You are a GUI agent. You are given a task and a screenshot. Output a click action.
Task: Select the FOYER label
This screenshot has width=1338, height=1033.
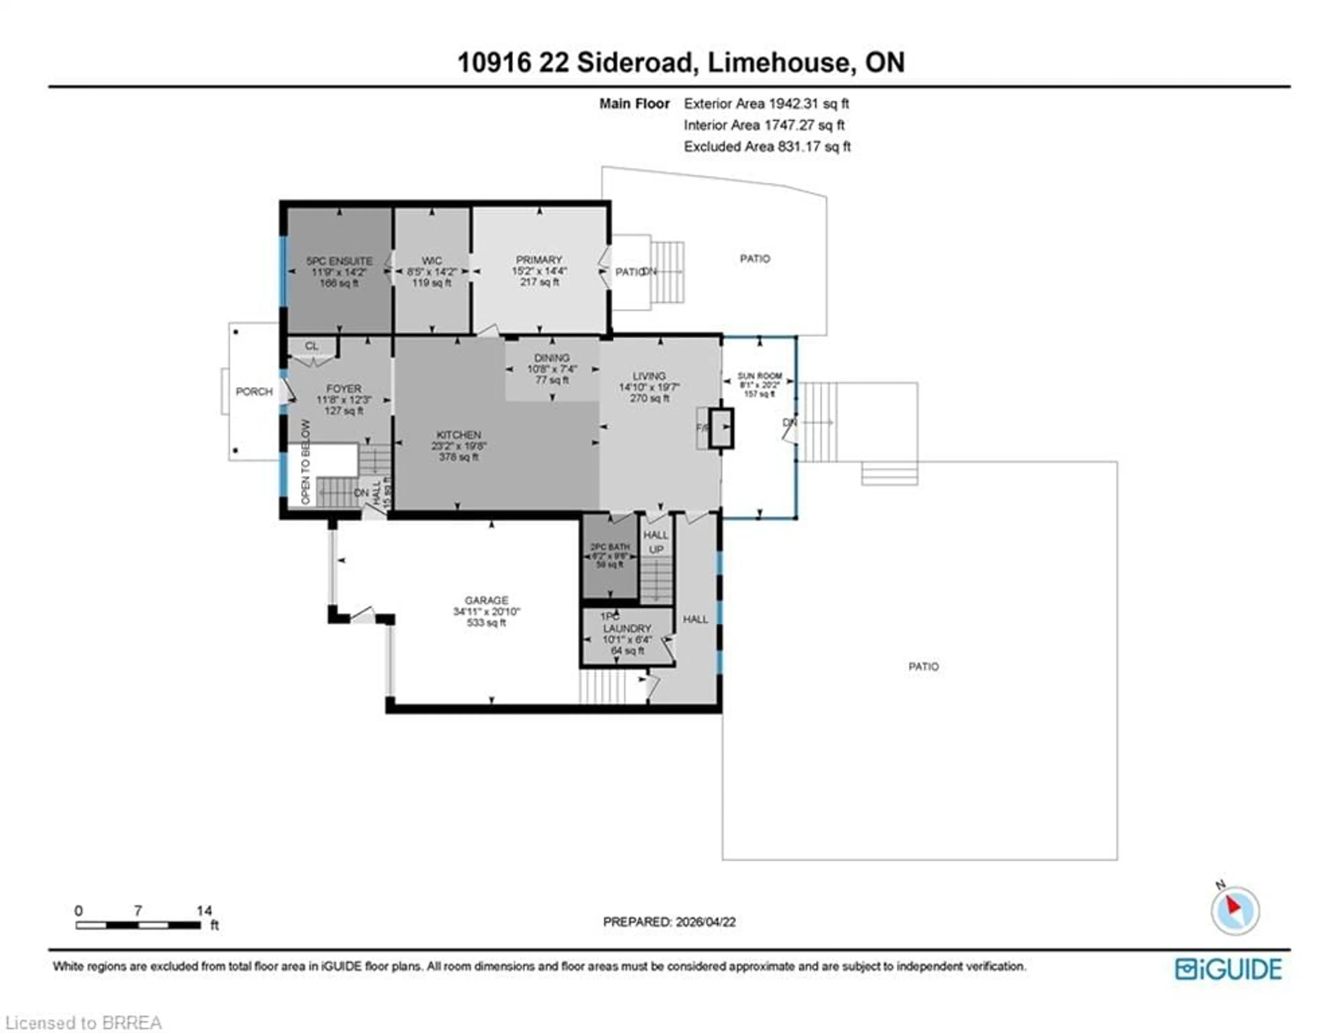(344, 389)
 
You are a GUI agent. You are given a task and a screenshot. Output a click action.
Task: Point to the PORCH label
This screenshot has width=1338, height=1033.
(254, 391)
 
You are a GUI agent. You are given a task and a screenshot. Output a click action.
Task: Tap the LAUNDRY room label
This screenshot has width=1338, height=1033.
(627, 629)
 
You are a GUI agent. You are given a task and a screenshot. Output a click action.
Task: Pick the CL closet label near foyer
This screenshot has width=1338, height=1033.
(311, 346)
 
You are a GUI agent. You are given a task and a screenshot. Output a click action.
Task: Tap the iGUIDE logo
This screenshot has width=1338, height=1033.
(1228, 969)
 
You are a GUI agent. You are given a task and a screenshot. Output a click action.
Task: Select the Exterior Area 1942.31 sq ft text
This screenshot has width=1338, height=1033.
(766, 104)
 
